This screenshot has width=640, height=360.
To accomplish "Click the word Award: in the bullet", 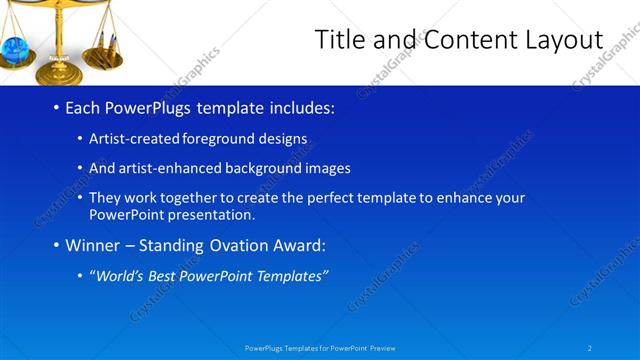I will pos(300,245).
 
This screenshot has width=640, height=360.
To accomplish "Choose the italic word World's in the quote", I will pos(119,276).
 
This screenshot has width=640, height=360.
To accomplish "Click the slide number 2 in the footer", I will pos(590,348).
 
